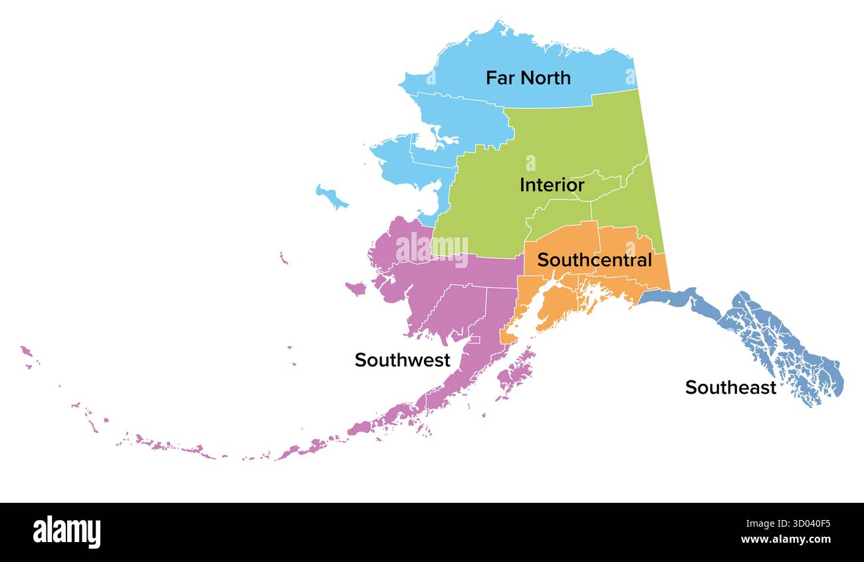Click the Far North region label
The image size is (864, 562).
(x=528, y=78)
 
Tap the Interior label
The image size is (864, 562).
(x=552, y=185)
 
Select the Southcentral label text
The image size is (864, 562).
(x=594, y=260)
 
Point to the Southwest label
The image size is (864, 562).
(x=402, y=360)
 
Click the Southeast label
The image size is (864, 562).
(x=730, y=387)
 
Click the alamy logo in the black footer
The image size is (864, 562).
(x=66, y=532)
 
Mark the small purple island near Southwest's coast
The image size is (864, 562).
(x=356, y=289)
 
